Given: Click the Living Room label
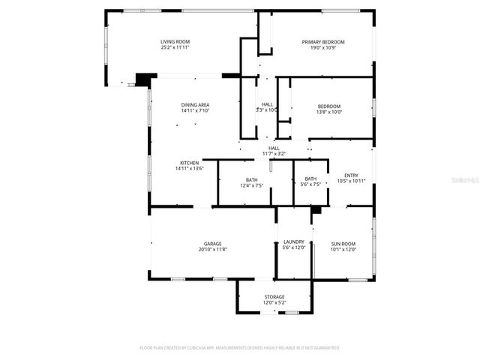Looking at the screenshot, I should [x=175, y=41].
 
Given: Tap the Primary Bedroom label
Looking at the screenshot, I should [x=323, y=41].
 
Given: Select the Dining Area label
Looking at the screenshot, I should [x=194, y=104].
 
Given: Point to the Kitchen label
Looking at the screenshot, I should [x=189, y=163].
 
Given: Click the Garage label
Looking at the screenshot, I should [x=213, y=243].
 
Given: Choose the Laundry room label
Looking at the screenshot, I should [x=294, y=242].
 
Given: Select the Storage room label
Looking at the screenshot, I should [x=274, y=297].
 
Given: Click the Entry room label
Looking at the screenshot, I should [x=351, y=175].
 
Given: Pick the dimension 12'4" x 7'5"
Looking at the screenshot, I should [x=251, y=185].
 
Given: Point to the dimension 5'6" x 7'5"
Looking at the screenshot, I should [x=310, y=184].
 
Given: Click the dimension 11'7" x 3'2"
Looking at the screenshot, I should [x=274, y=154].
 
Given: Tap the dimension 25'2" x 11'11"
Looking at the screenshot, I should [x=175, y=47].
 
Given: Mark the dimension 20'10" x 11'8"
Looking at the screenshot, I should [x=213, y=249].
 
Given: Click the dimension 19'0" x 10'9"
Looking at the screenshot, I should [x=323, y=47].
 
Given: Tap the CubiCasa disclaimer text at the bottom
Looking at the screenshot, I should [x=240, y=348].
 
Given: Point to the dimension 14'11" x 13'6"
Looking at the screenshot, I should [x=189, y=169].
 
